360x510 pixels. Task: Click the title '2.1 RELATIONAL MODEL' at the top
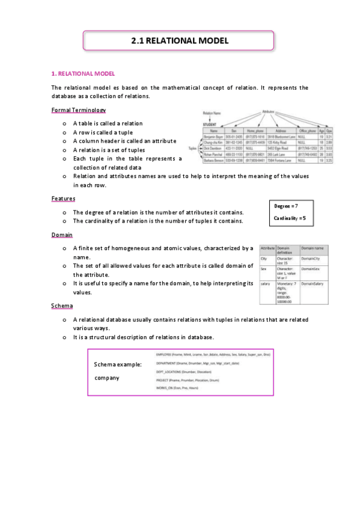point(180,41)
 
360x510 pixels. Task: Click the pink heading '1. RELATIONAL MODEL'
point(80,73)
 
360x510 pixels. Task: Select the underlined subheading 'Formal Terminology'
point(79,110)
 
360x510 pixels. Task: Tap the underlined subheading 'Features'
point(63,198)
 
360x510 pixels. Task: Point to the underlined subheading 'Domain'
point(62,235)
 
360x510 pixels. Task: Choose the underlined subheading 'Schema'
point(62,306)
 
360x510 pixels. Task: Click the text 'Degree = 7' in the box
point(286,206)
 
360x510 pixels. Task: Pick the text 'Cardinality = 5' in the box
point(290,218)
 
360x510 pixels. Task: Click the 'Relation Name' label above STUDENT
point(212,113)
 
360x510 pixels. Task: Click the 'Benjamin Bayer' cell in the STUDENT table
point(213,137)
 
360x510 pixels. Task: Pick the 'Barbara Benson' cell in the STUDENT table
point(213,161)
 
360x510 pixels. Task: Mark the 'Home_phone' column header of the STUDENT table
point(251,130)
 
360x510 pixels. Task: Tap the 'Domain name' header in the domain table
point(313,248)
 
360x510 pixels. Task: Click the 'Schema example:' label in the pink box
point(118,364)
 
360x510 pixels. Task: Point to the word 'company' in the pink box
point(107,378)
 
